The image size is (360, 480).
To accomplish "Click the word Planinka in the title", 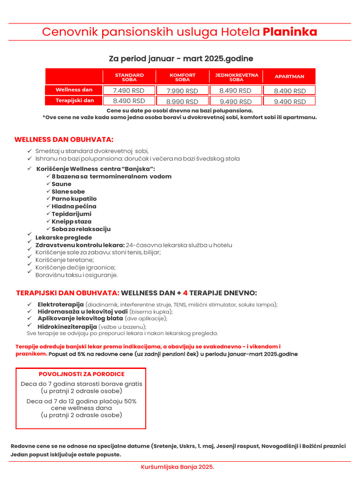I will [290, 32].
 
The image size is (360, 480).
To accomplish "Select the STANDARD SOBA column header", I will [129, 77].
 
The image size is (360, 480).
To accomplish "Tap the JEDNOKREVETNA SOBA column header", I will [236, 77].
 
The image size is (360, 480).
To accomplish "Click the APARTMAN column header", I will [289, 76].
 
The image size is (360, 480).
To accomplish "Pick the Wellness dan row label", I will [74, 90].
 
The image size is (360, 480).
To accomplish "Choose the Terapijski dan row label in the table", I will [75, 100].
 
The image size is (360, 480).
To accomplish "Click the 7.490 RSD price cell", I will [129, 90].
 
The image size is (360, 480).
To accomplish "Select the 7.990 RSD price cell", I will [182, 91].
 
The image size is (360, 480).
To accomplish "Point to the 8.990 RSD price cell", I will [182, 101].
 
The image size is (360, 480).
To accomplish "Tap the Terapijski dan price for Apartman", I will [290, 101].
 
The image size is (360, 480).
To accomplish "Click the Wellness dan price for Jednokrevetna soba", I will [235, 90].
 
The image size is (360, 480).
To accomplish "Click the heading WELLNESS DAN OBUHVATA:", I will [64, 140].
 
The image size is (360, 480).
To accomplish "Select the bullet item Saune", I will [61, 184].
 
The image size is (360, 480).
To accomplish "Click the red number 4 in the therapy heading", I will [185, 293].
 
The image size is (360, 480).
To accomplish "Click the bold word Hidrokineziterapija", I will [67, 326].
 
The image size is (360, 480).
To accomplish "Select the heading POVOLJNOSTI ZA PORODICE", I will [82, 374].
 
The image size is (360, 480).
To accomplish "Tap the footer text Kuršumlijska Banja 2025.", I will [178, 467].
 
